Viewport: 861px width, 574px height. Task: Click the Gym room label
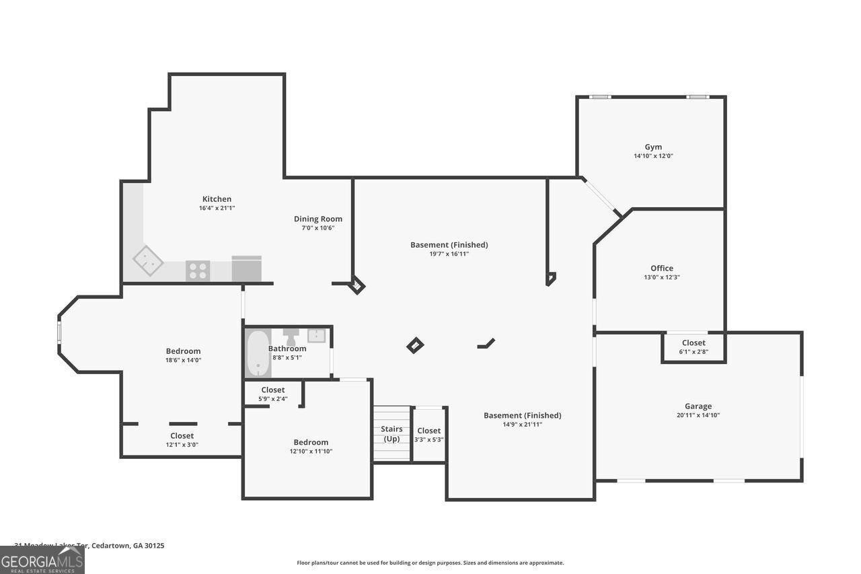tap(652, 147)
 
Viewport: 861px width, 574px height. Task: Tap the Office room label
tap(661, 268)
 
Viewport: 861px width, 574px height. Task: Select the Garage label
tap(698, 406)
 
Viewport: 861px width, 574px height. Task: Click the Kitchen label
tap(217, 199)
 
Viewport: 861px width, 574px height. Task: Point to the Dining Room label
tap(317, 219)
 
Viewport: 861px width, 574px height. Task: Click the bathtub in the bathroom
tap(258, 353)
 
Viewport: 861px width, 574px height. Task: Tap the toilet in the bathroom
tap(291, 334)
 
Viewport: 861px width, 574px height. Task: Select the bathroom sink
tap(316, 335)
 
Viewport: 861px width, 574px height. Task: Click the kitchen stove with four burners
tap(198, 271)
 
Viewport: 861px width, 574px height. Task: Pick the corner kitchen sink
tap(147, 261)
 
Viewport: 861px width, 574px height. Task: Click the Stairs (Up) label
tap(391, 433)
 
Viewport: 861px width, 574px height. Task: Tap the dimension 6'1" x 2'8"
tap(694, 351)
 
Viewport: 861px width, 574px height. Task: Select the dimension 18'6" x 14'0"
tap(183, 360)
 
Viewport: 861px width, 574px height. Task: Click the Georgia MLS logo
tap(42, 560)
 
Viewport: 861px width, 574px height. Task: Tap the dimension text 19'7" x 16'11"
tap(449, 254)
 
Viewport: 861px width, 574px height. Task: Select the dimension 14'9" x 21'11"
tap(522, 425)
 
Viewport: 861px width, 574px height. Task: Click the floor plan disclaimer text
tap(430, 563)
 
